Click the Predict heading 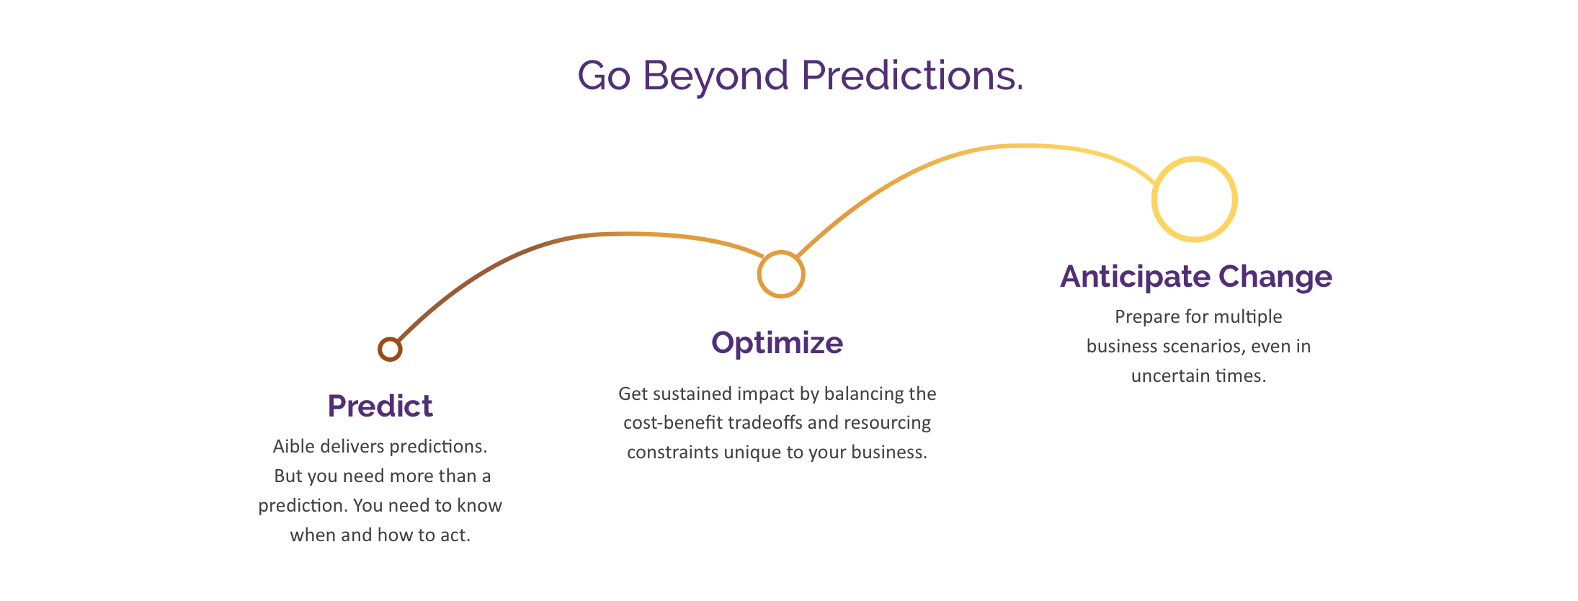380,406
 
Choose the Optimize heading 777,343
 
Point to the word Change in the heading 1275,277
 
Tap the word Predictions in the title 912,75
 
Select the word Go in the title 604,76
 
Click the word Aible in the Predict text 294,446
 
